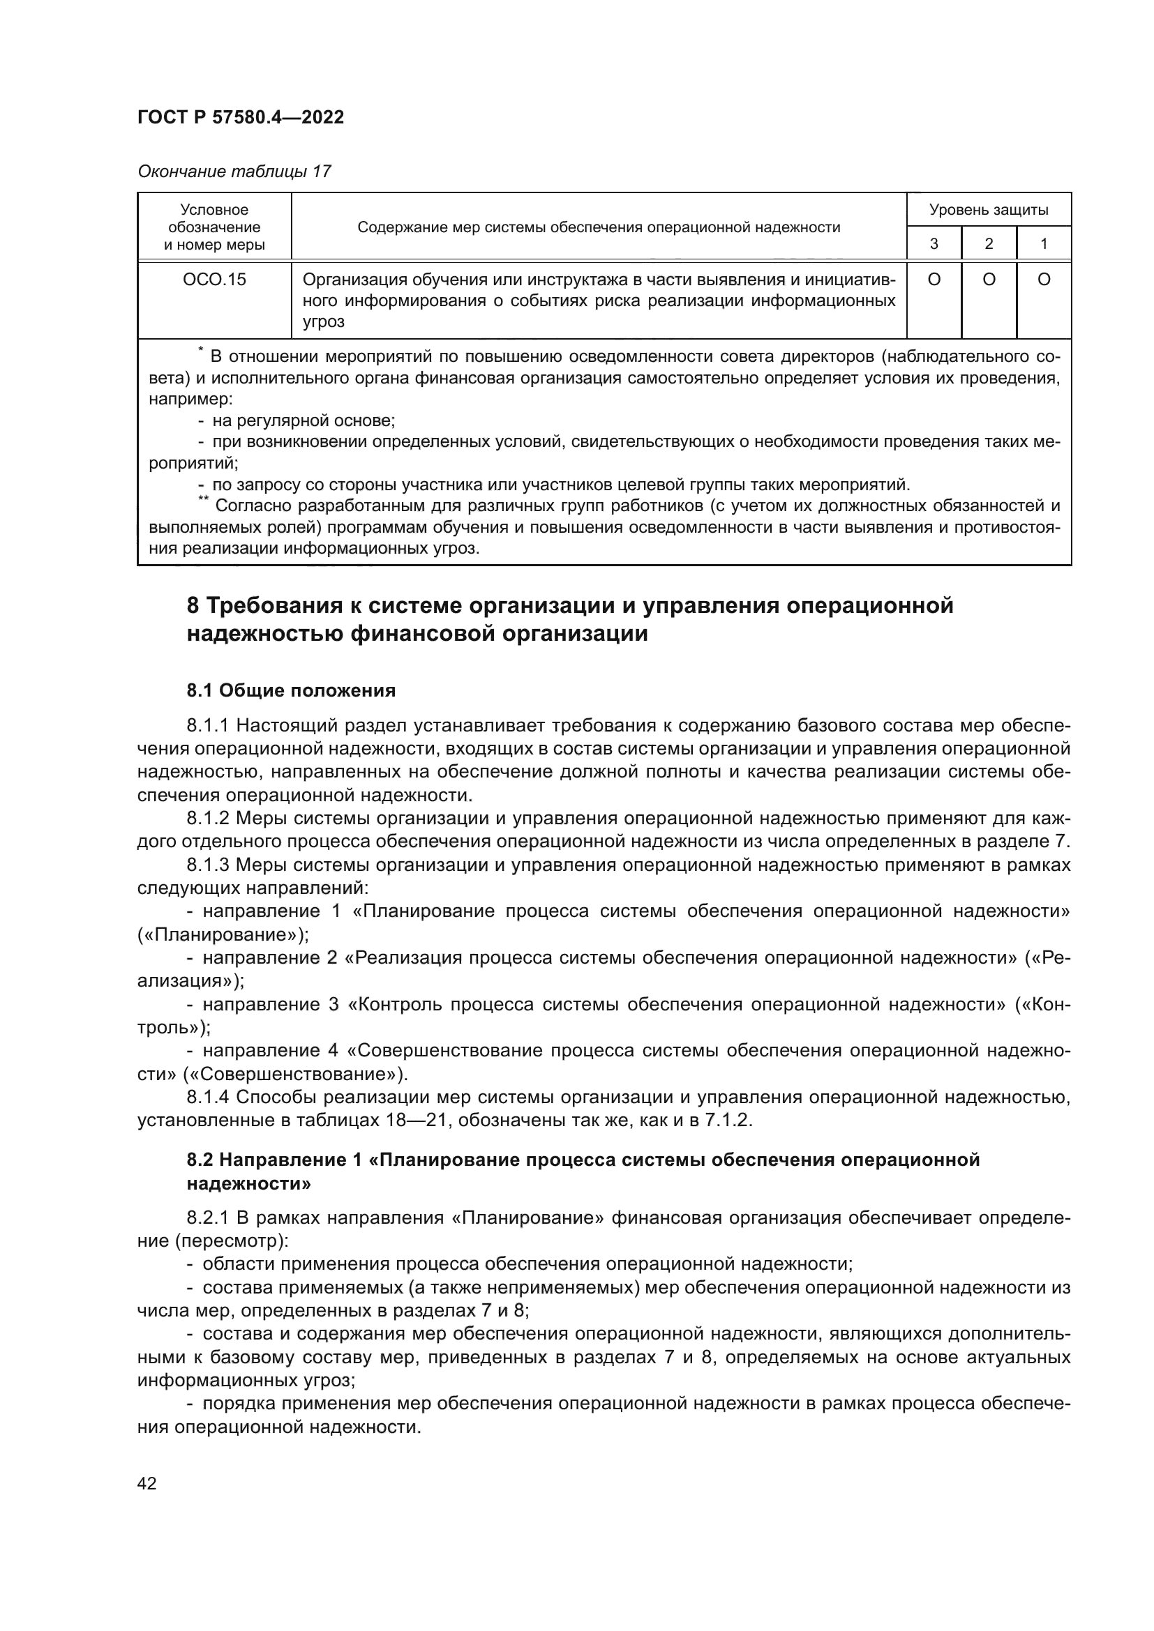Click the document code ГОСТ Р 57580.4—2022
[x=240, y=117]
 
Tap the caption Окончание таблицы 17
[x=234, y=172]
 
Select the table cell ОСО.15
[x=214, y=280]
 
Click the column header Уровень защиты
[x=989, y=210]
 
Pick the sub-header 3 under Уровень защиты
[x=934, y=243]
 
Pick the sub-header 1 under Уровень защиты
[x=1044, y=243]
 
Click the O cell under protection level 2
[x=989, y=280]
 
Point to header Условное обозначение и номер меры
[x=214, y=227]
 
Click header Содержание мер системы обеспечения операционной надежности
[x=599, y=227]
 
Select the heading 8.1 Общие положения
[x=292, y=690]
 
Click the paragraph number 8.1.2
[x=207, y=819]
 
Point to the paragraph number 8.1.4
[x=207, y=1098]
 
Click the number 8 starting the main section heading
[x=193, y=606]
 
